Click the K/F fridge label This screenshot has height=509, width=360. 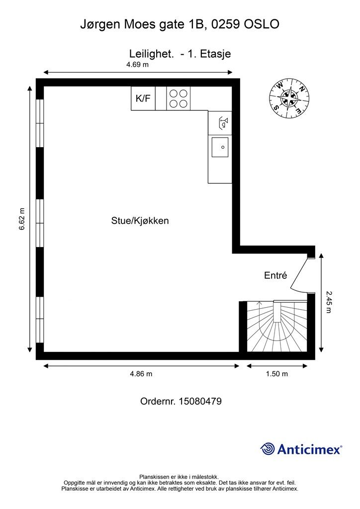coord(143,98)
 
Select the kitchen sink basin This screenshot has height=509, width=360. coord(220,148)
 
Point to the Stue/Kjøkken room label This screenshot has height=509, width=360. coord(140,221)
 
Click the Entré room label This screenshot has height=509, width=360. coord(275,275)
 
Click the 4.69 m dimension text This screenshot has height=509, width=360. coord(137,65)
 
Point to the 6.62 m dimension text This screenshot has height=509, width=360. coord(21,219)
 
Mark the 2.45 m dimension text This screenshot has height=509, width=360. coord(328,302)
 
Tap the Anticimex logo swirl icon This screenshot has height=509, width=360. coord(268,449)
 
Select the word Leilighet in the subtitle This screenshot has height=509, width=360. coord(151,54)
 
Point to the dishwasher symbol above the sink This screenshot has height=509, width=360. coord(220,121)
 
